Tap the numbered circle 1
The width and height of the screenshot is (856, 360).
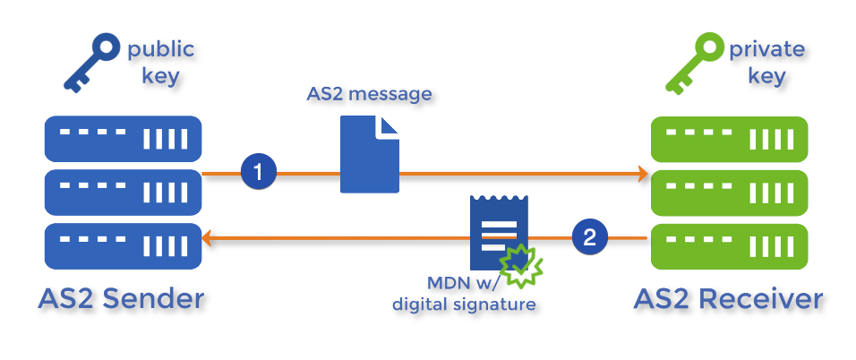(x=259, y=173)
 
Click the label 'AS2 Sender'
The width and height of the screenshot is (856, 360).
(x=122, y=299)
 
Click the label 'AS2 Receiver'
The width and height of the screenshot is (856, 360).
(x=728, y=299)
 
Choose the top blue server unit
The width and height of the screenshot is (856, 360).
(x=122, y=139)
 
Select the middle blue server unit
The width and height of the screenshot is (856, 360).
(x=122, y=189)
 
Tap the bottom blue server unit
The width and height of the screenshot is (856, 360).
(x=122, y=239)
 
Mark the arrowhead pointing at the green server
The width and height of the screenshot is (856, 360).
(x=641, y=173)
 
